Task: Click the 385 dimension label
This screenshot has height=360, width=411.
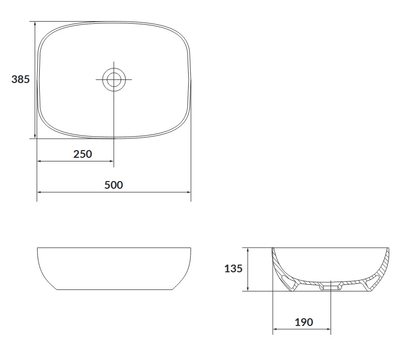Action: (x=21, y=79)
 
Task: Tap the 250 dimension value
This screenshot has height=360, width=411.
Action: (x=83, y=154)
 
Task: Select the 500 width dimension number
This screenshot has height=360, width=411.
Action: (x=113, y=185)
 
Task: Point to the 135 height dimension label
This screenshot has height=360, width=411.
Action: (x=233, y=269)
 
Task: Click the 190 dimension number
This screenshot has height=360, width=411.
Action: (x=304, y=322)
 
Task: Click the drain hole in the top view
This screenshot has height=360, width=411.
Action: (x=114, y=79)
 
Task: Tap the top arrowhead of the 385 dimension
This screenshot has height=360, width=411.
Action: (x=35, y=24)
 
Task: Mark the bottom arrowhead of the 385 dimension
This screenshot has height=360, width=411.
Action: (x=35, y=136)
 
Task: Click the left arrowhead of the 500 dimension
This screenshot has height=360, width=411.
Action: (x=40, y=192)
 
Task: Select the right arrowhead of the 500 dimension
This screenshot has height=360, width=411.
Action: (x=188, y=192)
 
